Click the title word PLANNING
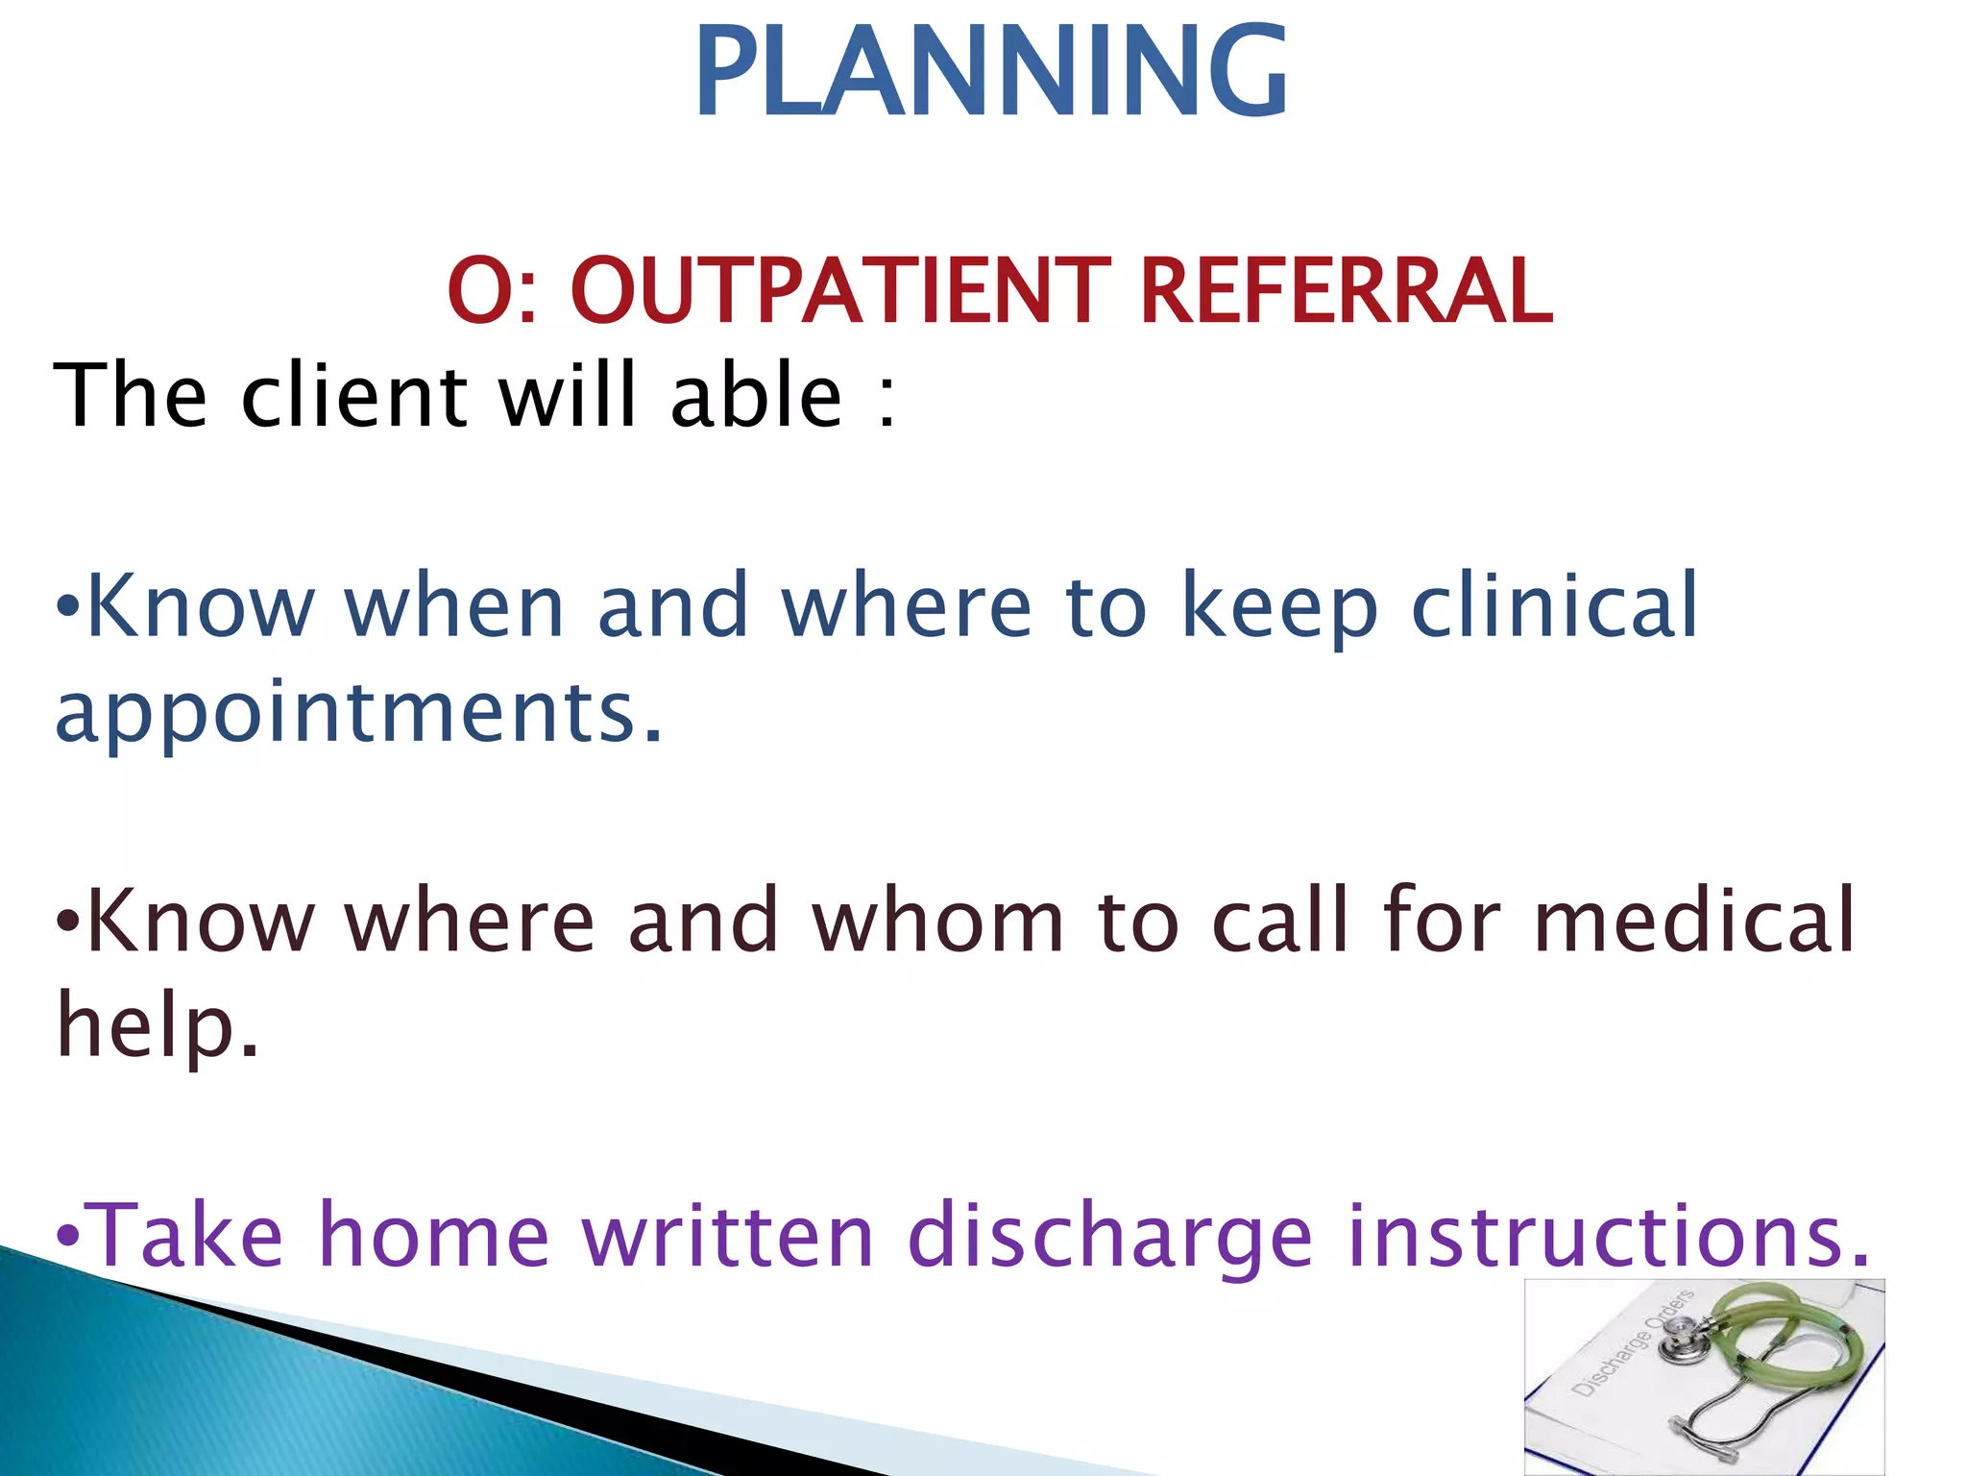coord(991,74)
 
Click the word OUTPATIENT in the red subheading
coord(840,290)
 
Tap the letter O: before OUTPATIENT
coord(492,290)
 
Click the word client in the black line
coord(354,396)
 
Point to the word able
coord(756,396)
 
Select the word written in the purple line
coord(728,1237)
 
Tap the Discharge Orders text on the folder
coord(1632,1345)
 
